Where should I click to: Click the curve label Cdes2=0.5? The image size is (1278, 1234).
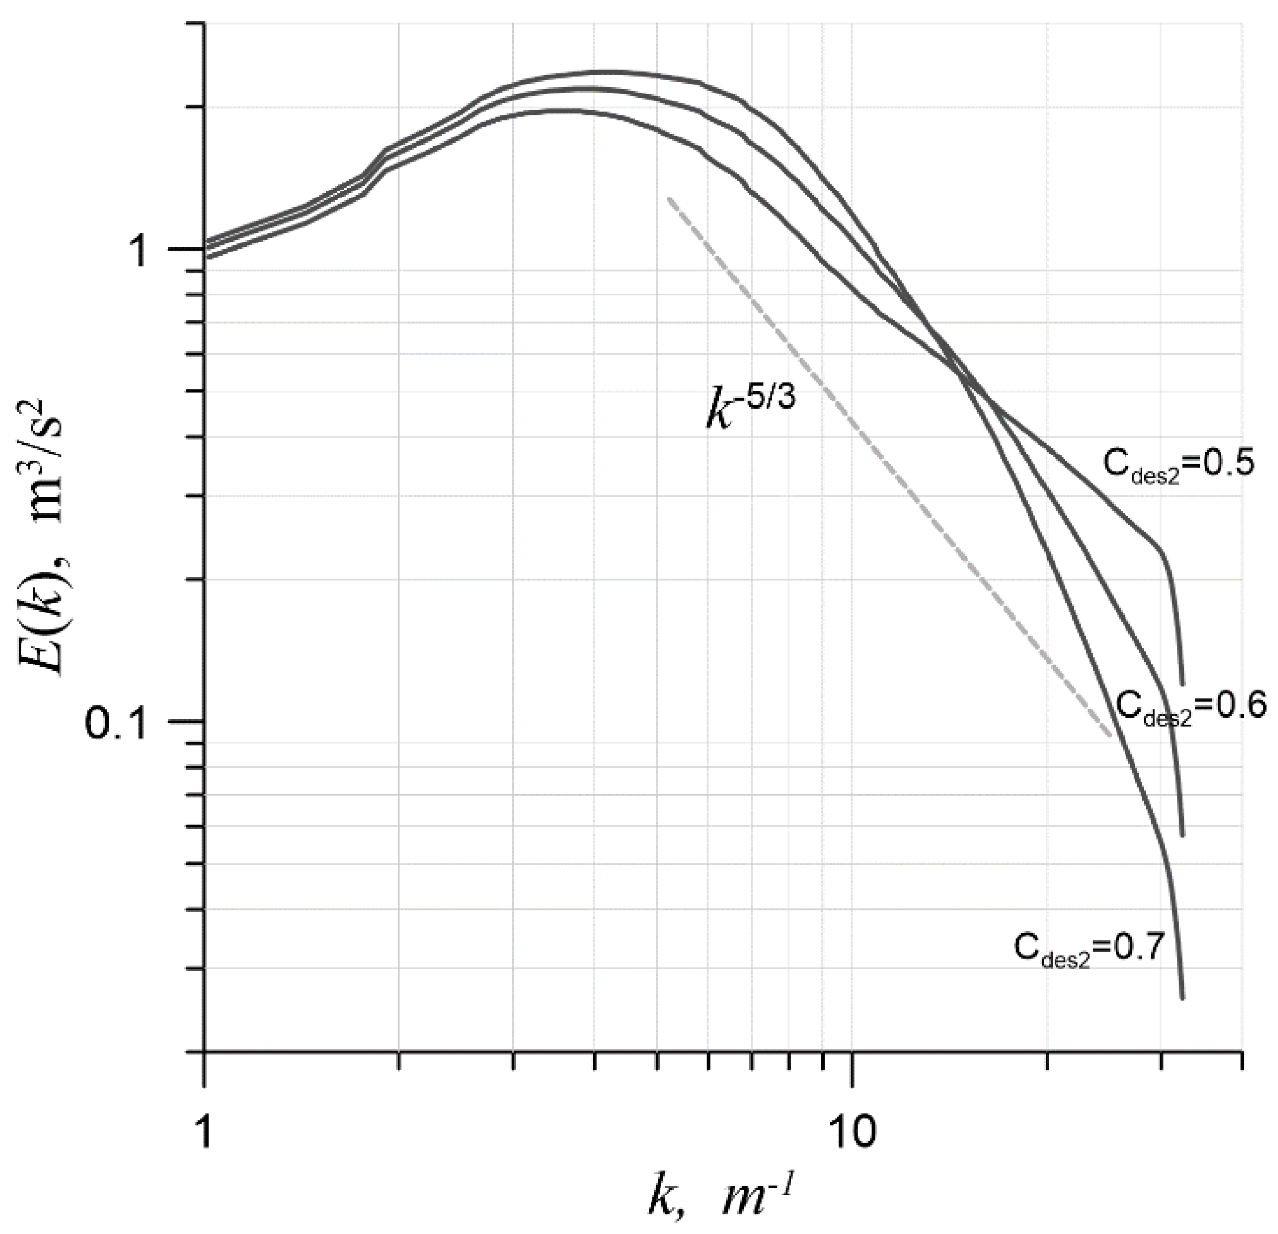click(1178, 465)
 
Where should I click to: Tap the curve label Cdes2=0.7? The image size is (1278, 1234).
click(1089, 949)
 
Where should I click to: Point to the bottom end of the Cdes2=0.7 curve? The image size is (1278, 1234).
click(1182, 998)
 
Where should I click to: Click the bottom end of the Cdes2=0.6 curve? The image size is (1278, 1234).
click(1182, 835)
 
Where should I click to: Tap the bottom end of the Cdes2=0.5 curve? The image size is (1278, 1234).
click(1182, 685)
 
